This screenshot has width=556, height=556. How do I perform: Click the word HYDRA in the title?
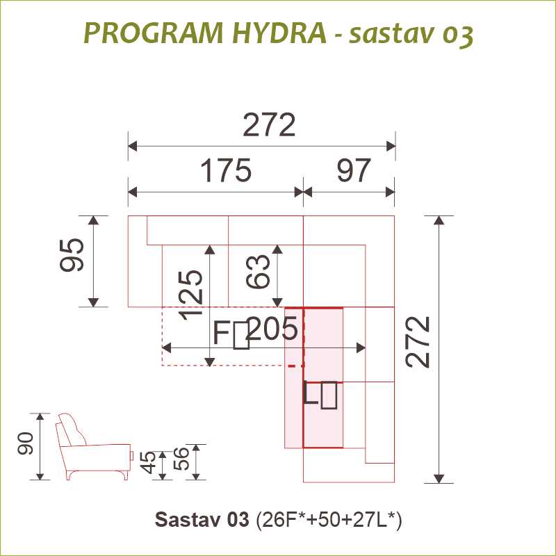point(279,33)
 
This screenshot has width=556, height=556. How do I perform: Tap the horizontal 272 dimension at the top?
point(269,125)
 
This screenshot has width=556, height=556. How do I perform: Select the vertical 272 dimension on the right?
point(418,342)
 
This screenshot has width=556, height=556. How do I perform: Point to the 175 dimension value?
point(227,170)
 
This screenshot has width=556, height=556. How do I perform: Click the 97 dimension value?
point(354,170)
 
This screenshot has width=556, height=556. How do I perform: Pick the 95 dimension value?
point(72,255)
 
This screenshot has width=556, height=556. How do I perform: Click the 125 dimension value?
point(192,295)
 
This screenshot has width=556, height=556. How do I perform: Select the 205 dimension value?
point(272,328)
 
